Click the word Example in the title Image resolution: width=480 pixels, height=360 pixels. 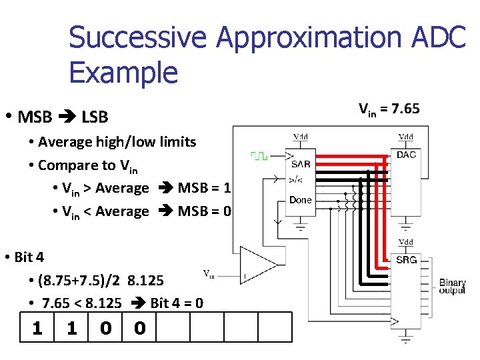click(123, 72)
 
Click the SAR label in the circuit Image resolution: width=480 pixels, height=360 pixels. click(300, 164)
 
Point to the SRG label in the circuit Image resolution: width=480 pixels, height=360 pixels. click(406, 259)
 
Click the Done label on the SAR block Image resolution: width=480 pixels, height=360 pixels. click(300, 200)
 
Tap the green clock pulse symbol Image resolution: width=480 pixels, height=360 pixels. click(259, 155)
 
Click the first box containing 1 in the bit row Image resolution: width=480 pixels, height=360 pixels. click(37, 328)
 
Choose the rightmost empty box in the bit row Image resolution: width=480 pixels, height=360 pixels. click(275, 328)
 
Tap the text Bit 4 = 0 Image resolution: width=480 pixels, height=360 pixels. click(177, 303)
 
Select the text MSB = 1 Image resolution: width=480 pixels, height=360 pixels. click(204, 188)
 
